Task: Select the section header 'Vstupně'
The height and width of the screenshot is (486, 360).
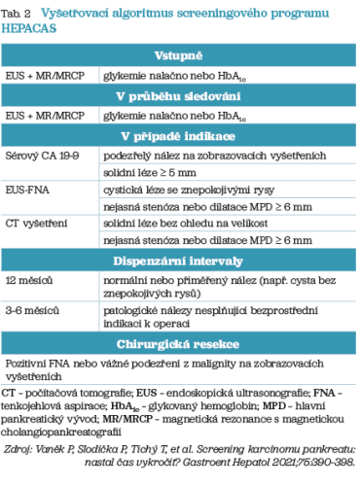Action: (180, 57)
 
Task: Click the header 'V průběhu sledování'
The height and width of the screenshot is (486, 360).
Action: (180, 96)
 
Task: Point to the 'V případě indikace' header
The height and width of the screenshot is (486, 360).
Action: (180, 135)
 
